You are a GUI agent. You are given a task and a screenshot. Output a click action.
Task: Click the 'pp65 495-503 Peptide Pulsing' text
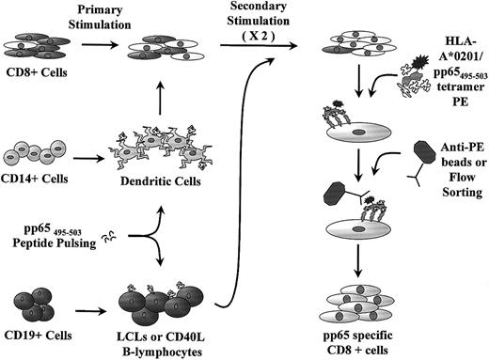[x=42, y=235]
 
